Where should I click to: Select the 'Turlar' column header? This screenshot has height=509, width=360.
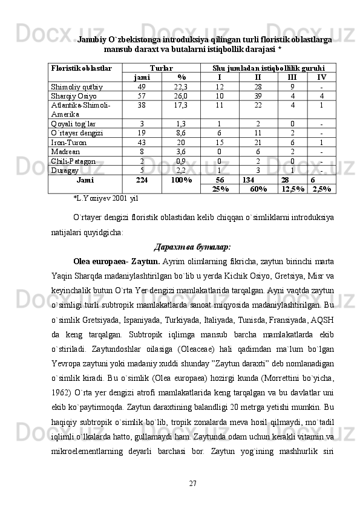pos(161,69)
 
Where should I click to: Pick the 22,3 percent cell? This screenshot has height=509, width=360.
pos(181,86)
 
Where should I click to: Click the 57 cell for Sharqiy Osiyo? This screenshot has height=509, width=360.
pos(142,96)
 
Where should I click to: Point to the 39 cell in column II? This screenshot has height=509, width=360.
pos(258,96)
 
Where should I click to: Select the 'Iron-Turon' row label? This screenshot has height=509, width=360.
pos(70,142)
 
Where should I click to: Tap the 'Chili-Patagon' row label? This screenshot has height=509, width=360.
pos(73,161)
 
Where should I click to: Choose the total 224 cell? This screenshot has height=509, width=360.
pos(142,180)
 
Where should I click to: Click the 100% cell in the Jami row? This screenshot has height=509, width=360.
pos(181,180)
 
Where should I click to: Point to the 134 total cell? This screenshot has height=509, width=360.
pos(247,180)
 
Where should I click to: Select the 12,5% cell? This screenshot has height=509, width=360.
pos(293,189)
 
